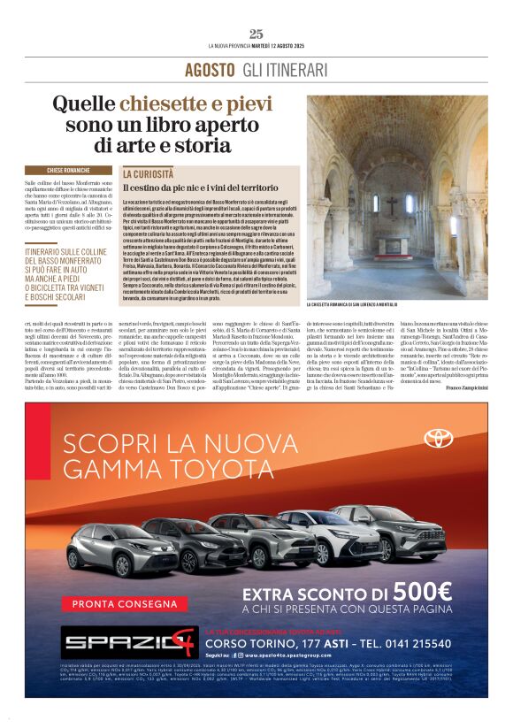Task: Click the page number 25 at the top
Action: (x=256, y=34)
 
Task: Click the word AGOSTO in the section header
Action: (x=209, y=70)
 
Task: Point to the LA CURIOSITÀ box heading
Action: (x=148, y=174)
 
